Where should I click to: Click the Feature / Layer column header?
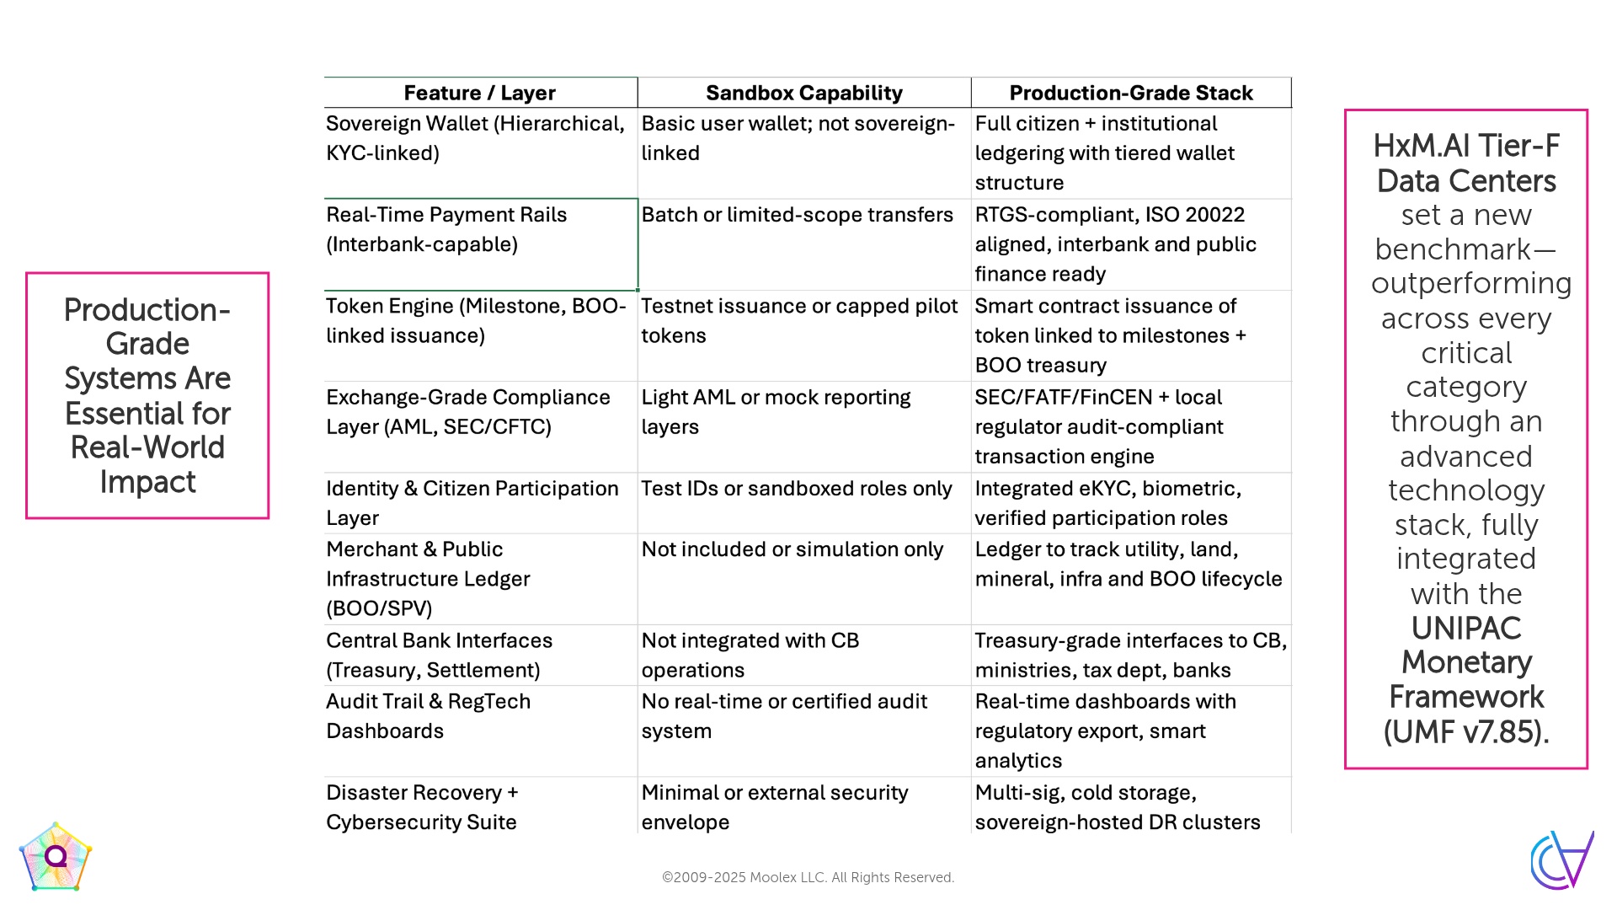tap(480, 93)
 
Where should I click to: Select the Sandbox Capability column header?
tap(803, 93)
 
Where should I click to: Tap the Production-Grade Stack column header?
tap(1130, 93)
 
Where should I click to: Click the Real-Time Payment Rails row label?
tap(446, 229)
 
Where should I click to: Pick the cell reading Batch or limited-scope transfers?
tap(797, 215)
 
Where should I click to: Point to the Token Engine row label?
tap(476, 320)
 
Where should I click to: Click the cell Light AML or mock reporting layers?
tap(776, 411)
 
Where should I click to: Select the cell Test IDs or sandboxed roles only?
tap(796, 489)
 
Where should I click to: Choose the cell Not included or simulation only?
tap(792, 549)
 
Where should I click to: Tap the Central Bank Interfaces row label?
tap(439, 655)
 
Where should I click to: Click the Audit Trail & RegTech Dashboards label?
tap(428, 715)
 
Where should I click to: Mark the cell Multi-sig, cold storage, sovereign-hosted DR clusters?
tap(1117, 806)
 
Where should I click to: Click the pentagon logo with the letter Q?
tap(56, 858)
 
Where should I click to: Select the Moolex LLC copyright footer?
tap(808, 877)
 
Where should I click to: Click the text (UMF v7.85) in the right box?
tap(1465, 731)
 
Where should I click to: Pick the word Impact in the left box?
tap(147, 482)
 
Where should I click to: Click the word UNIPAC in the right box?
tap(1465, 628)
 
